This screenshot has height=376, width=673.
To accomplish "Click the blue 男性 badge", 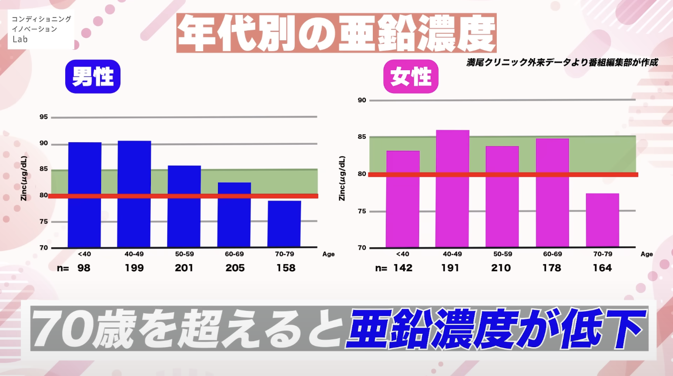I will [x=93, y=77].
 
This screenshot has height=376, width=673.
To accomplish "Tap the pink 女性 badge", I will [x=411, y=77].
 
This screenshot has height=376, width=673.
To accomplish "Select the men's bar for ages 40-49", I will [x=134, y=194].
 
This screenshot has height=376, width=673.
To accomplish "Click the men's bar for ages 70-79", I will [x=284, y=224].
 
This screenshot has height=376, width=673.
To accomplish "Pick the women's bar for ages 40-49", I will [x=452, y=188].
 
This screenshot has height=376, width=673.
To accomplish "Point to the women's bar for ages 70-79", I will [x=602, y=220].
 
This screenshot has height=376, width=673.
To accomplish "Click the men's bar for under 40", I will [x=85, y=194].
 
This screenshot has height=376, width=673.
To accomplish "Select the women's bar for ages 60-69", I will [x=552, y=192].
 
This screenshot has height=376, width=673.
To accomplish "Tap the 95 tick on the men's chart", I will [x=43, y=117].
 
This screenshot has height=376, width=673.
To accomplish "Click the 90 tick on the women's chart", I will [x=362, y=100].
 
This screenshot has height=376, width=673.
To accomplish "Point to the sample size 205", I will [x=235, y=268].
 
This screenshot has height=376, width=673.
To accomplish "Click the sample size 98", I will [x=84, y=268].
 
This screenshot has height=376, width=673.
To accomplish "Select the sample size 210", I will [x=501, y=268].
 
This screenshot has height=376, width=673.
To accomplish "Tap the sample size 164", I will [x=602, y=268].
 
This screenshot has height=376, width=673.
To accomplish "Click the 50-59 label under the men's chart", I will [x=184, y=254].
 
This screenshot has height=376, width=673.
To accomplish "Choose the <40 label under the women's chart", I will [x=402, y=254].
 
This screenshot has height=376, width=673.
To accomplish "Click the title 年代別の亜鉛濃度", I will [x=336, y=33].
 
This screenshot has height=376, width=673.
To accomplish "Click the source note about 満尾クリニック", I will [x=562, y=63].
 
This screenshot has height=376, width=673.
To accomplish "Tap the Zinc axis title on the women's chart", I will [x=342, y=178].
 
